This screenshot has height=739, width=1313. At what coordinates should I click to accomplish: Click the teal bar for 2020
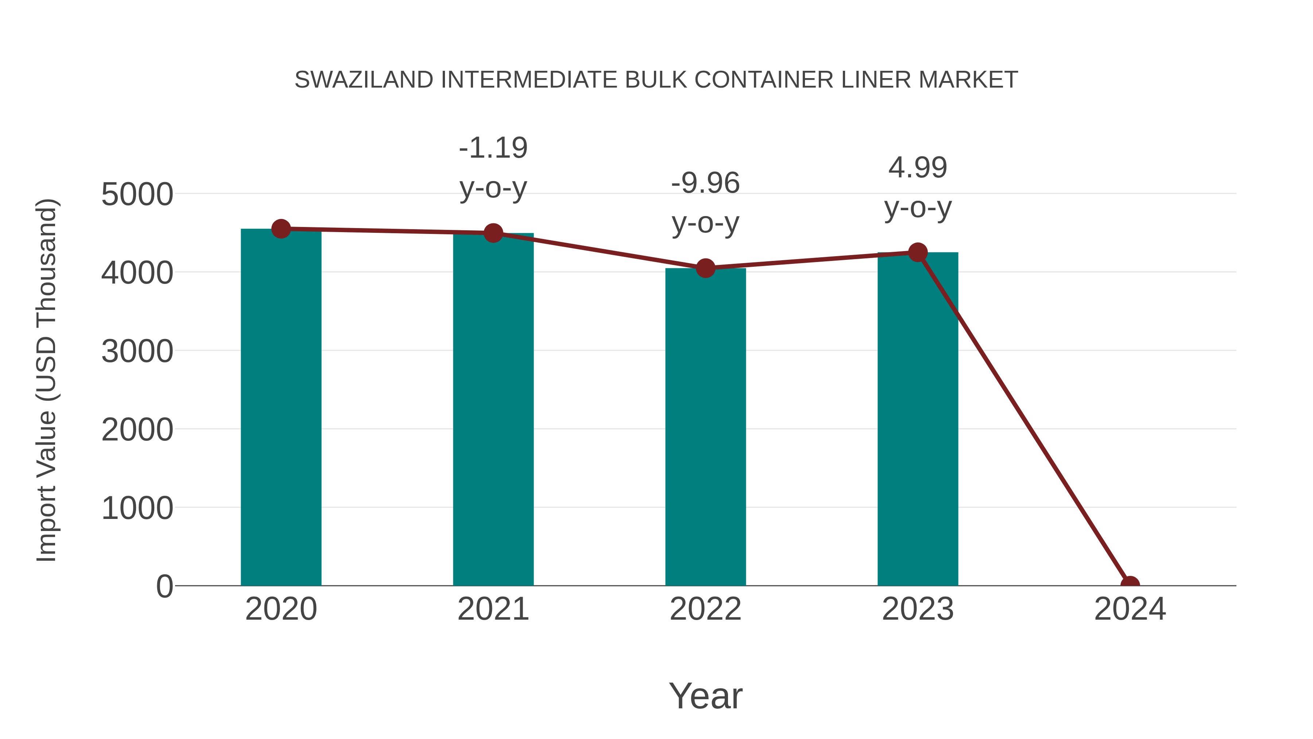(281, 408)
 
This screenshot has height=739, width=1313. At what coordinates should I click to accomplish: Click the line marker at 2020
(281, 229)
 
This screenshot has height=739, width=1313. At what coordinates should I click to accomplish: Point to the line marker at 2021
(493, 233)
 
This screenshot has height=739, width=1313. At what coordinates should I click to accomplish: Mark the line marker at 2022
(705, 268)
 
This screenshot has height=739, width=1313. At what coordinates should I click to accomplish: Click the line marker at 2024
(1130, 585)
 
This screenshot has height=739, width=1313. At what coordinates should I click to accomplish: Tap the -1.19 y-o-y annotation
(493, 168)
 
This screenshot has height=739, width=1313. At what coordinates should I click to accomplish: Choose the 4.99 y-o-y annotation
(918, 187)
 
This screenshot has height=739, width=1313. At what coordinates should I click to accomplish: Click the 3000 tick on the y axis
(137, 351)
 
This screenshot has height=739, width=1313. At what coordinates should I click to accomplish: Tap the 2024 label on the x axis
(1130, 609)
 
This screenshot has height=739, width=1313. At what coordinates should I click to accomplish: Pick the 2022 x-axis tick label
(705, 609)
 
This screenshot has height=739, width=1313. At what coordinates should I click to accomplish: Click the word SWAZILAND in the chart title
(364, 80)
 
